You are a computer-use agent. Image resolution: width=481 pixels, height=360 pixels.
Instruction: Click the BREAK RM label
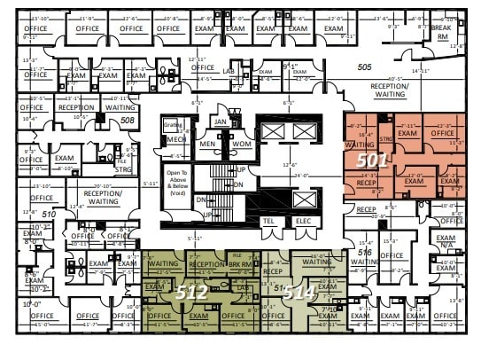[x=440, y=32]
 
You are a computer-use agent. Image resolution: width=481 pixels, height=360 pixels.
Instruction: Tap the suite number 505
[x=364, y=67]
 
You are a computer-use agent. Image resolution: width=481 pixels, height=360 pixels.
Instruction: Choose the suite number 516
[x=364, y=253]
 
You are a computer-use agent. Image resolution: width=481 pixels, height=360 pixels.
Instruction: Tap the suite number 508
[x=128, y=120]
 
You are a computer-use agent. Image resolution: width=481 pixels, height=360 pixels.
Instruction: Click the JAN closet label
[x=221, y=121]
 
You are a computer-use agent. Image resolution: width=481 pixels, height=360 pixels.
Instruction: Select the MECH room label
[x=175, y=139]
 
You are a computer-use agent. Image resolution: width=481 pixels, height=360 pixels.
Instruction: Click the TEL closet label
[x=268, y=221]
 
